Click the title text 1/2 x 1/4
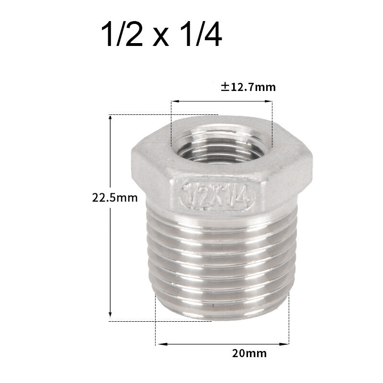pos(161,36)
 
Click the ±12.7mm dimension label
pos(248,87)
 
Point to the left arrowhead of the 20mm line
pos(160,343)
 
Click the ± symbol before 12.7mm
pos(224,87)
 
